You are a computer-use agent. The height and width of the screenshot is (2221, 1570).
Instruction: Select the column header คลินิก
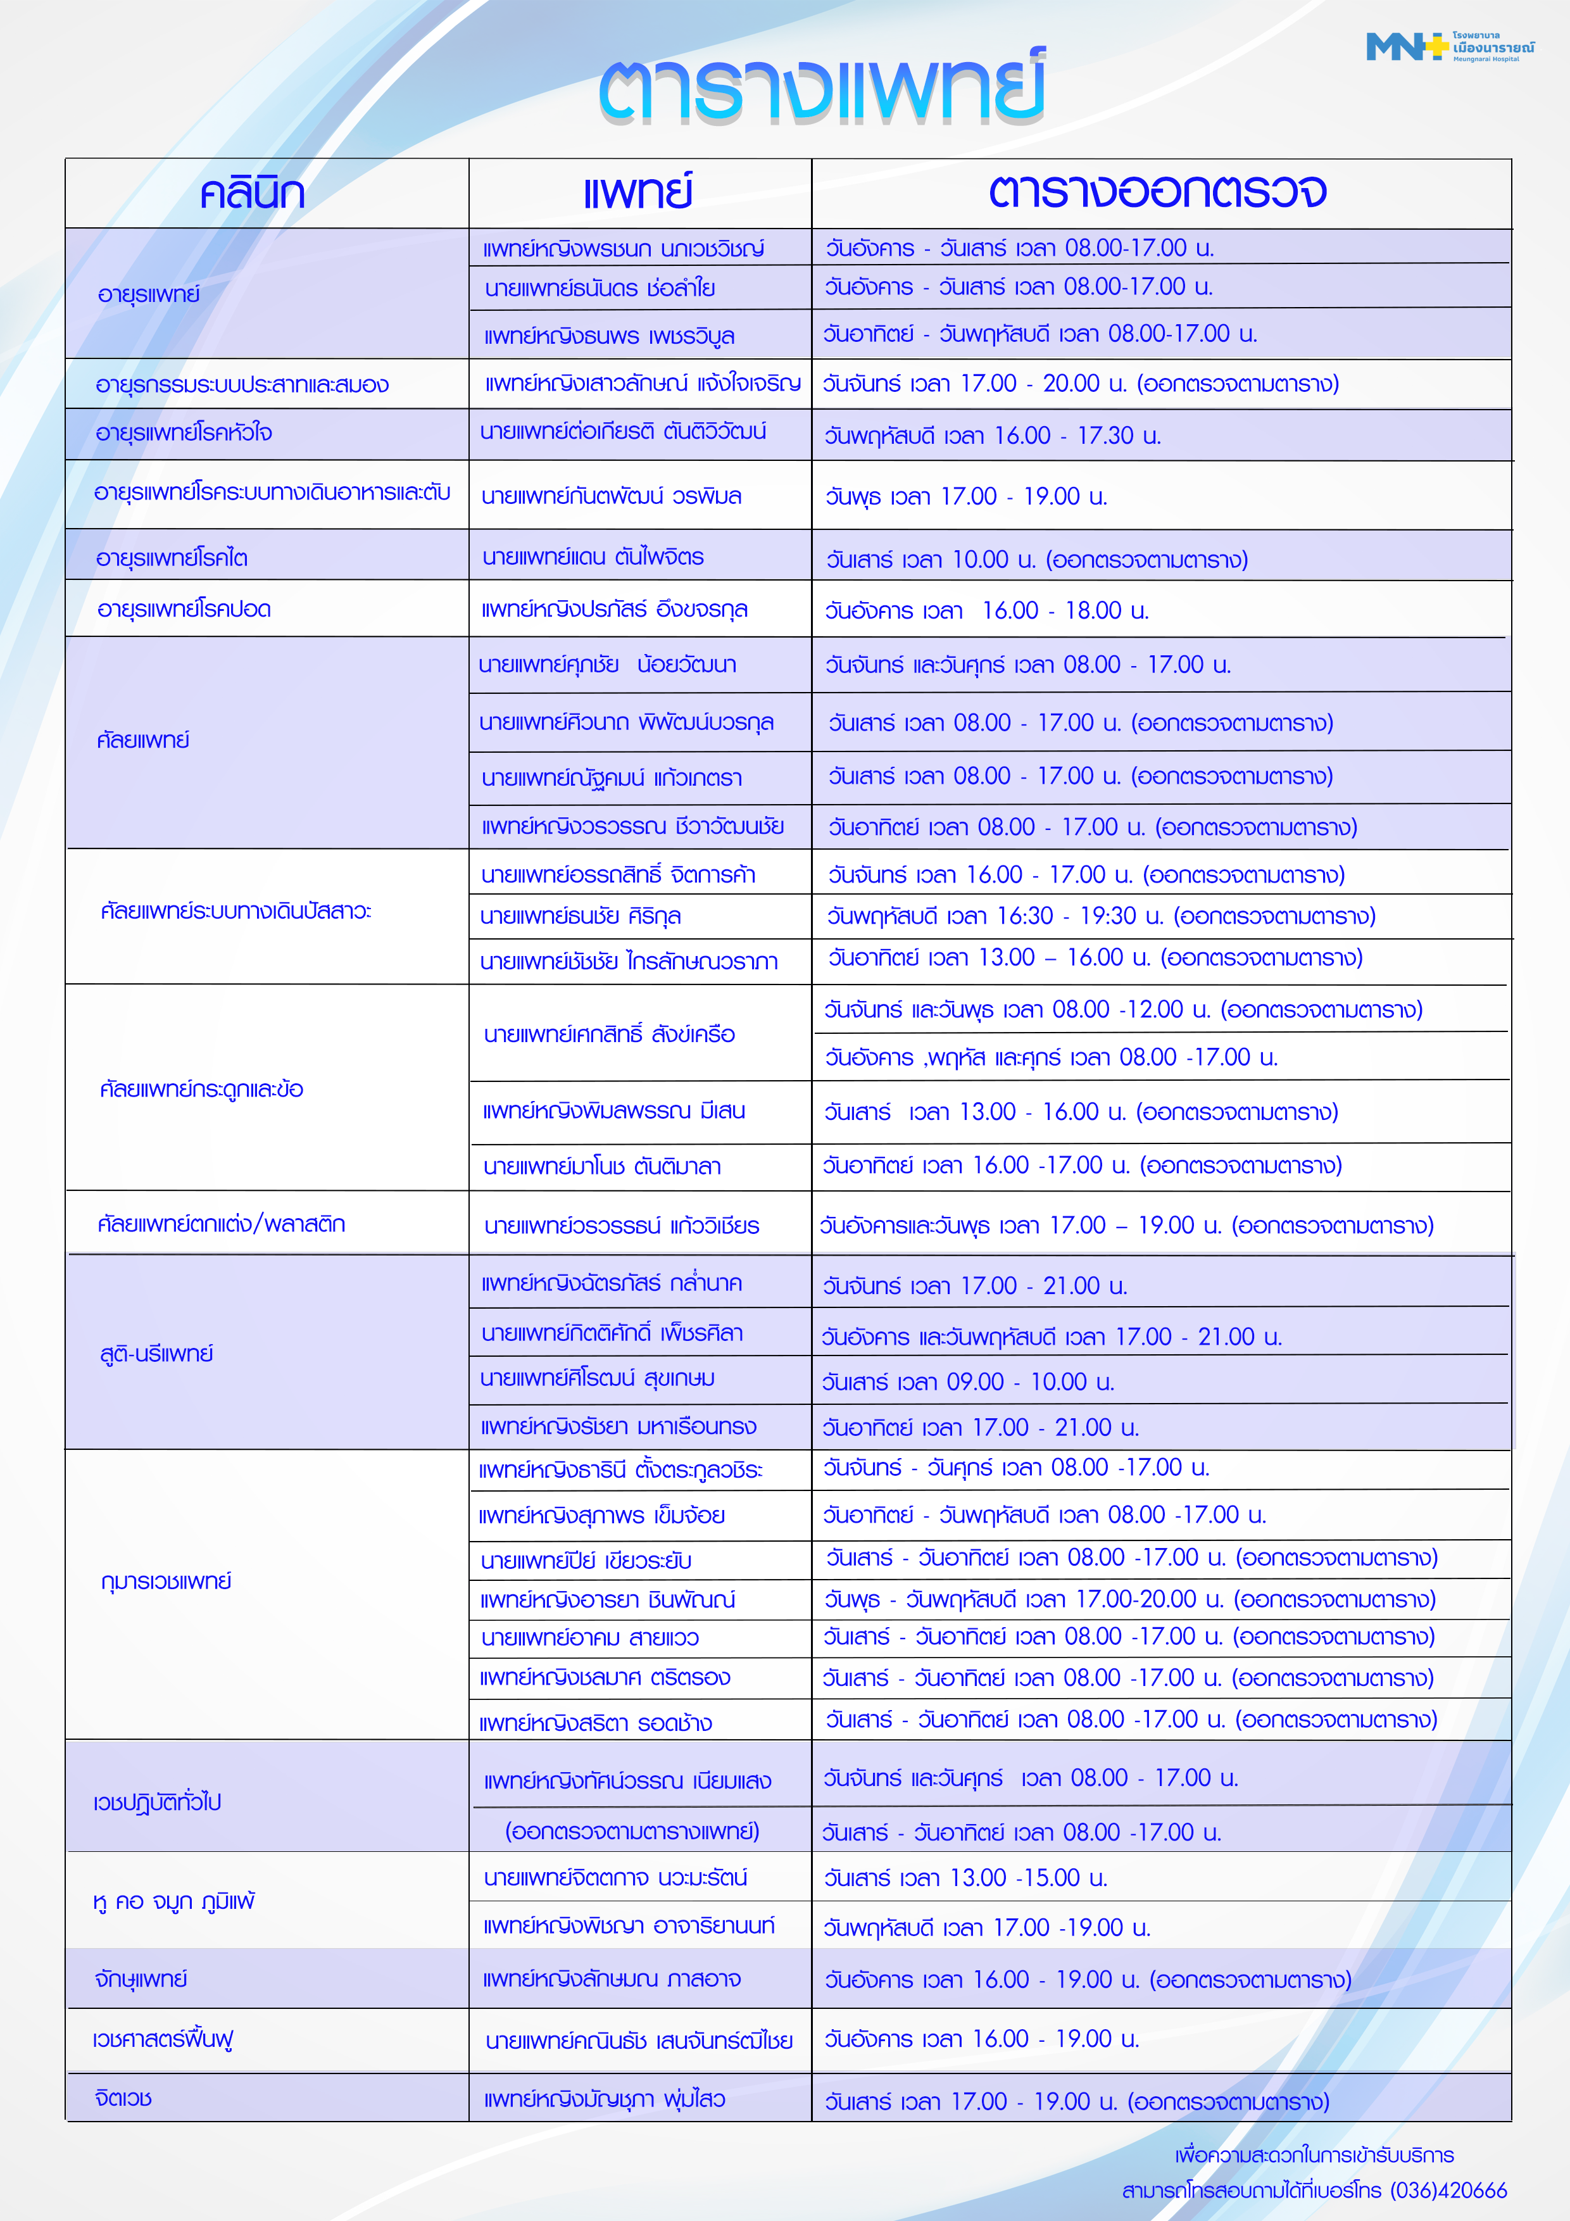point(253,194)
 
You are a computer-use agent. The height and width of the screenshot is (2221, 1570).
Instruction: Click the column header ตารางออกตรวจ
point(1157,192)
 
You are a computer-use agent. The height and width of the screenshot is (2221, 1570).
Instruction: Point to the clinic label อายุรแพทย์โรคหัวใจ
point(184,433)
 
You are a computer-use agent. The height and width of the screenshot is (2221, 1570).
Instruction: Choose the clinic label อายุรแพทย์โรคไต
point(172,558)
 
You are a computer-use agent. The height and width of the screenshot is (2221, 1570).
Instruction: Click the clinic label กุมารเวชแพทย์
point(166,1582)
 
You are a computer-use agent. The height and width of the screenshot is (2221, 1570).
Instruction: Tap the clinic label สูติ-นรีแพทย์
point(157,1353)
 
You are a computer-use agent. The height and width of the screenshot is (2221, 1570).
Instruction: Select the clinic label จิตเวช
point(124,2098)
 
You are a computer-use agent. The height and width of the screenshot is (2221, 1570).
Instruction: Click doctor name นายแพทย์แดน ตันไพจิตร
point(593,557)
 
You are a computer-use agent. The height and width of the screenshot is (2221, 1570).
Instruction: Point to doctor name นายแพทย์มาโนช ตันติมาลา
point(601,1167)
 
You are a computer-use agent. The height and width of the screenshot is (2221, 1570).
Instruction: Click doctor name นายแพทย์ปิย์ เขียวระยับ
point(586,1560)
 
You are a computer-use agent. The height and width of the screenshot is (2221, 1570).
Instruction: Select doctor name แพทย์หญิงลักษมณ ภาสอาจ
point(612,1979)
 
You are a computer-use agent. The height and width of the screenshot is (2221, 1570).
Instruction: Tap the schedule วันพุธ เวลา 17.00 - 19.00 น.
point(965,496)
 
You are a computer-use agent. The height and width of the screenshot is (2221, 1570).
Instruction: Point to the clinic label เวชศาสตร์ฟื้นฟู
point(163,2039)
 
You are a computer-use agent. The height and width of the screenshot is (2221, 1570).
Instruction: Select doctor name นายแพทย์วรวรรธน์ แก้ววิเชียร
point(621,1226)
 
